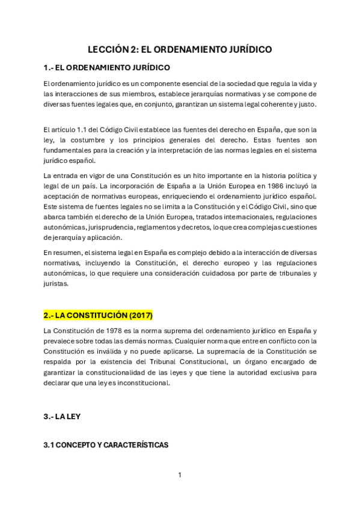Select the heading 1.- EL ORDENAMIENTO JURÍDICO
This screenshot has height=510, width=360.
(106, 67)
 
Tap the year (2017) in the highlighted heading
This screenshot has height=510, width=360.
(139, 315)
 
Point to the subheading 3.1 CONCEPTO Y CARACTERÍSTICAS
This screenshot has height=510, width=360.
(106, 445)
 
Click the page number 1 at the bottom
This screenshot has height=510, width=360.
(180, 475)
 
